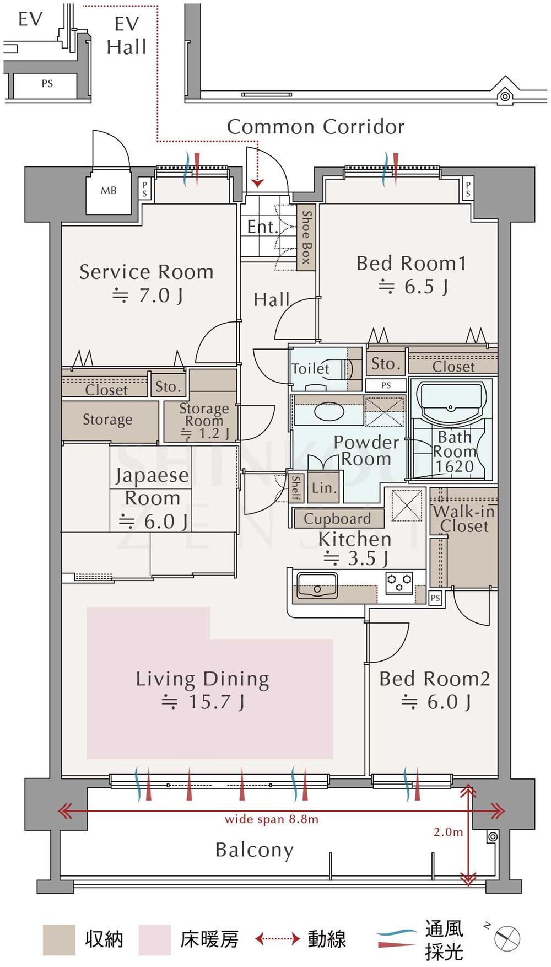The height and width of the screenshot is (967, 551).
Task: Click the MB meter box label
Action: coord(109,191)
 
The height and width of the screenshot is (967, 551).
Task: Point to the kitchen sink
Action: coord(317,585)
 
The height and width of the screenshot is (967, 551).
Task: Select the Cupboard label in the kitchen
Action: coord(337,519)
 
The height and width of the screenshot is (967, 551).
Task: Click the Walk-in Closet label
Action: coord(464,519)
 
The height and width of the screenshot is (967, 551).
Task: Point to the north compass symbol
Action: coord(506,938)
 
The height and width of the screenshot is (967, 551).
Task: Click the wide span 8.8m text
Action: coord(271,819)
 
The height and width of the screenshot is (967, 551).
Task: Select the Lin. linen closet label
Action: coord(323,488)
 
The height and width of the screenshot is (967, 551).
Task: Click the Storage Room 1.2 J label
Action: coord(203,421)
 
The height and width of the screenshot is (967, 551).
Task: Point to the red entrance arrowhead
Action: coord(257,184)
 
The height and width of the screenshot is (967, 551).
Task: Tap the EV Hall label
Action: coord(127,35)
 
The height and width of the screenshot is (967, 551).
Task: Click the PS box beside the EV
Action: coord(47,84)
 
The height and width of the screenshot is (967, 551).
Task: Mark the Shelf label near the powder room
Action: coord(296,487)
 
